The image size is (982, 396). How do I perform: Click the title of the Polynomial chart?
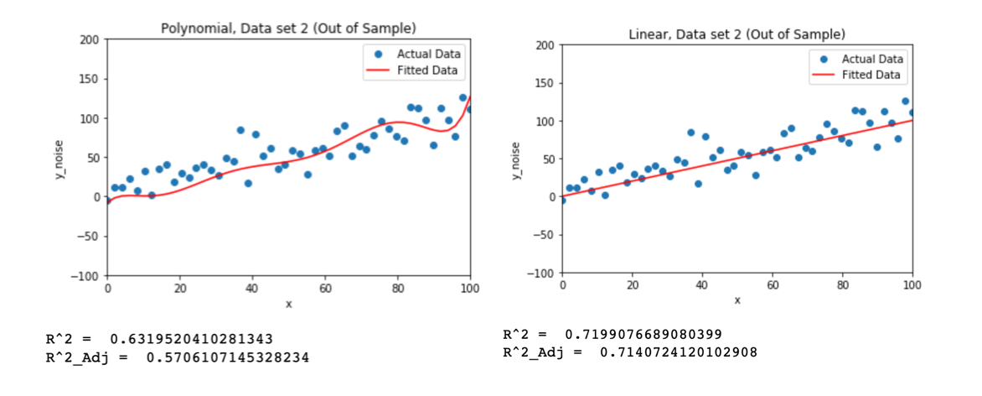[x=288, y=28]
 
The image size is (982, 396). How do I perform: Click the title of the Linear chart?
[x=736, y=34]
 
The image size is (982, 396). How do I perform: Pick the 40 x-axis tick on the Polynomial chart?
[x=252, y=288]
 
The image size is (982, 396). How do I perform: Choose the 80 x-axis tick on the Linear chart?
[x=842, y=285]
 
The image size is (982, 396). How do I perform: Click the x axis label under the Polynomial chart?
[x=288, y=304]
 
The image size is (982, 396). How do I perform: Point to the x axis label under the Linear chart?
[x=737, y=300]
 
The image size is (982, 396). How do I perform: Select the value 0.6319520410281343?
[x=189, y=339]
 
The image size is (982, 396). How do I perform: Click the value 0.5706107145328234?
[x=227, y=357]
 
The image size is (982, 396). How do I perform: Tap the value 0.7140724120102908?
[x=679, y=352]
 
